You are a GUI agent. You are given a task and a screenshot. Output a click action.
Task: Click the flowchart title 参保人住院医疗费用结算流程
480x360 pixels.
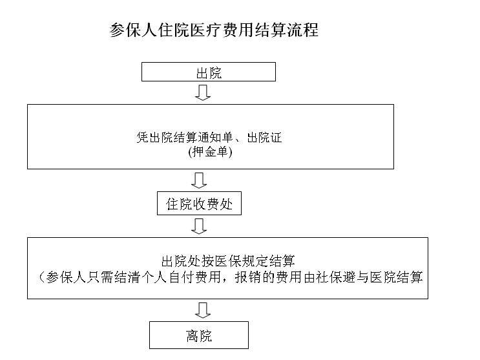click(214, 30)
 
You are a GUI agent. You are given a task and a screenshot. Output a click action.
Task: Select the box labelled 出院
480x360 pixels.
click(209, 72)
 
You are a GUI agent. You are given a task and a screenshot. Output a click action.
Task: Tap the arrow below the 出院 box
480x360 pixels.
click(203, 92)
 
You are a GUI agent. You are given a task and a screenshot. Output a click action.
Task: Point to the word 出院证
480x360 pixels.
click(264, 138)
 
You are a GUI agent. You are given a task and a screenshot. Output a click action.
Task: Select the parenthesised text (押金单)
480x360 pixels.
click(210, 152)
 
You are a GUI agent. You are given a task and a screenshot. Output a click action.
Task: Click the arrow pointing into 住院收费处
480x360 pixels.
click(199, 180)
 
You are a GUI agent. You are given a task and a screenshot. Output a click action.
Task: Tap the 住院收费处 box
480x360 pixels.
click(199, 204)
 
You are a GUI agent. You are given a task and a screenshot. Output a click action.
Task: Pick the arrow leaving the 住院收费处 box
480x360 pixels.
click(199, 226)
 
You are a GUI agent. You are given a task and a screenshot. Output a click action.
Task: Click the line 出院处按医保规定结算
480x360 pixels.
click(228, 261)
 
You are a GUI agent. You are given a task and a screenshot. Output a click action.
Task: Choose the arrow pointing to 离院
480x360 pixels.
click(203, 310)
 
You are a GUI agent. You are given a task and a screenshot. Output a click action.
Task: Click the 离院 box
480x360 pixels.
click(199, 335)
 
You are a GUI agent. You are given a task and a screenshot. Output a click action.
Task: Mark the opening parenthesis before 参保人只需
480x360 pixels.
click(42, 277)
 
